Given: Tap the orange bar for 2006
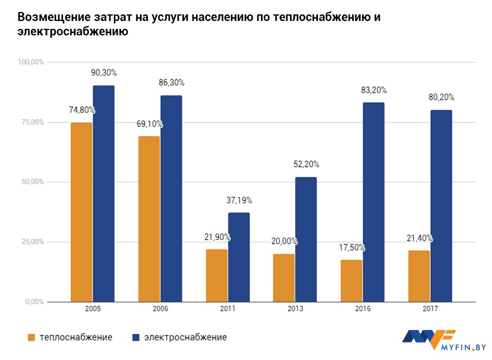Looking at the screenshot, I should [x=149, y=219].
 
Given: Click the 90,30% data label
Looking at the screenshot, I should [x=104, y=73].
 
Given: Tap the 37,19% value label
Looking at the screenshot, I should [x=239, y=200].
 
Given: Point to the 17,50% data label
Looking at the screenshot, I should [x=352, y=247].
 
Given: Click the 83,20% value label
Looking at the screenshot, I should [x=374, y=90].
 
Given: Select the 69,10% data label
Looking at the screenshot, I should [x=149, y=124].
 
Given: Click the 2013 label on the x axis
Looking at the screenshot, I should [x=295, y=309].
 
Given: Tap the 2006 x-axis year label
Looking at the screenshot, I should [x=160, y=309].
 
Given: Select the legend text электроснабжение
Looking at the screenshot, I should [x=185, y=337].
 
